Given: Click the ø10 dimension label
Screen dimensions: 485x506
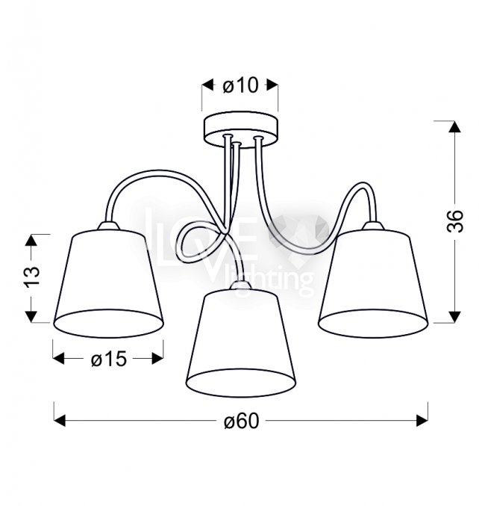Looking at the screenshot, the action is coord(240,86).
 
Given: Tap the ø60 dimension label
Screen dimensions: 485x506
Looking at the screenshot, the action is coord(241,421).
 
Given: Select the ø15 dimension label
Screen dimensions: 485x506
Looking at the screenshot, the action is coord(109,359).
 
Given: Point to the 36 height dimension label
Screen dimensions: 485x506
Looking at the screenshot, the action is coord(455,221).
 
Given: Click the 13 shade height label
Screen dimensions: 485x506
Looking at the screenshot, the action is coord(31,277).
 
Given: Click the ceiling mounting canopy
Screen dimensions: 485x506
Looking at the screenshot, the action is coord(240,130).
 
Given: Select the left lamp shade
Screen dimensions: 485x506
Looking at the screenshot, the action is coord(108,283).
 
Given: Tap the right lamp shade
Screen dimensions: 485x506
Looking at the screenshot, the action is coord(373,283).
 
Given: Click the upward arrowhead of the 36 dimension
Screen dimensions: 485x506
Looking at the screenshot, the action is coord(455,126).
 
